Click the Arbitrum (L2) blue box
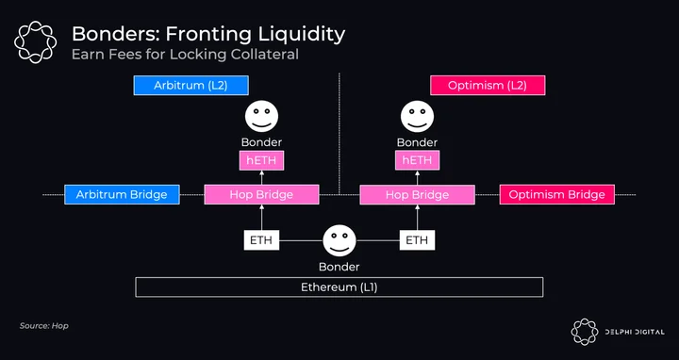click(190, 85)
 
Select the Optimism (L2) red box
click(488, 85)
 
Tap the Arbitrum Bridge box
click(122, 195)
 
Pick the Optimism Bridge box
click(557, 195)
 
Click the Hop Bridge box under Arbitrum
click(261, 195)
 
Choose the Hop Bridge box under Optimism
click(417, 195)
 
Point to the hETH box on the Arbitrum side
click(261, 160)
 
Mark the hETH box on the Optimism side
click(417, 160)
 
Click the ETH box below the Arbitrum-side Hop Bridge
click(261, 240)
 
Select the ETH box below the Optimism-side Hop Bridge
click(417, 240)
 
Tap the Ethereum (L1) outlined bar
click(339, 287)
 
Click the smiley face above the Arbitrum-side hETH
click(261, 117)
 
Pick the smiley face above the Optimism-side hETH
click(417, 117)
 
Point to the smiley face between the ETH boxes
click(339, 240)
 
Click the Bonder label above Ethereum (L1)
click(339, 267)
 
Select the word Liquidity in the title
click(298, 35)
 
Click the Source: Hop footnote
click(44, 326)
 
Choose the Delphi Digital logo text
click(635, 332)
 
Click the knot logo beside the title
click(36, 42)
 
